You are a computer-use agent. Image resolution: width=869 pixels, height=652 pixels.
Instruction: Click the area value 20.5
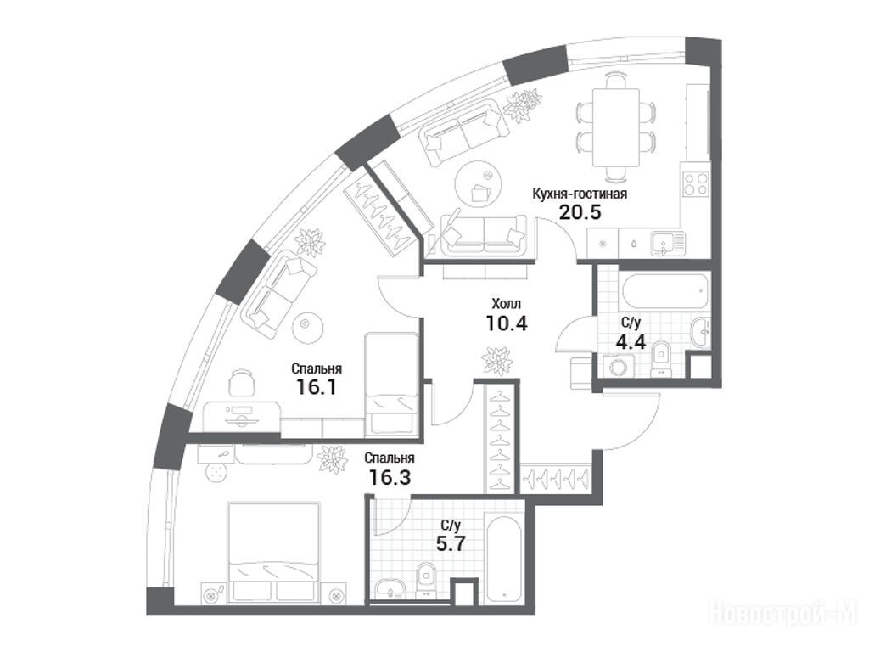click(x=580, y=211)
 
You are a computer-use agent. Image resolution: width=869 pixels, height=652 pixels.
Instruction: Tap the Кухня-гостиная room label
click(x=580, y=194)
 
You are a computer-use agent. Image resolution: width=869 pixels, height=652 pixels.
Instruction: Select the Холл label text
click(x=506, y=304)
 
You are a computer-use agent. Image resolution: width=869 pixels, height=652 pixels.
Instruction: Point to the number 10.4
click(x=506, y=323)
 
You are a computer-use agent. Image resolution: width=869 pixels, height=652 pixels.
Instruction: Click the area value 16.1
click(x=317, y=386)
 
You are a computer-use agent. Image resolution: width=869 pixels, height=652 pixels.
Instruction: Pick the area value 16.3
click(x=390, y=477)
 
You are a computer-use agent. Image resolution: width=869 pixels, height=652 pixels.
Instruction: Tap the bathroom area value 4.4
click(x=631, y=341)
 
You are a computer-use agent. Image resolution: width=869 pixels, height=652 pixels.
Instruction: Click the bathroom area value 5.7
click(x=450, y=543)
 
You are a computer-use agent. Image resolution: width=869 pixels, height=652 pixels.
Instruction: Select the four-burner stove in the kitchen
click(x=696, y=183)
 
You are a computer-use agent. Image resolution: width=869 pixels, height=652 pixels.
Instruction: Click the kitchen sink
click(x=668, y=244)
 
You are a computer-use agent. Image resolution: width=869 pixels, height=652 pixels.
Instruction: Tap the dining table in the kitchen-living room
click(x=616, y=127)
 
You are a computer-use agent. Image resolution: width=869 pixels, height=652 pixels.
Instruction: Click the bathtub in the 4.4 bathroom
click(x=664, y=291)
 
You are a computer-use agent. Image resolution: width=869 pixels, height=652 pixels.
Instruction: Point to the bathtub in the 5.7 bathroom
click(x=503, y=559)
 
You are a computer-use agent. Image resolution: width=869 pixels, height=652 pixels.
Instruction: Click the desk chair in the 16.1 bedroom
click(x=242, y=383)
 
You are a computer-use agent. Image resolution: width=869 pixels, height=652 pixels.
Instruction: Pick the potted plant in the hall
click(x=496, y=360)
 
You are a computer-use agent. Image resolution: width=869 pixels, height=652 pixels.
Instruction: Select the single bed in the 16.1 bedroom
click(x=390, y=384)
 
